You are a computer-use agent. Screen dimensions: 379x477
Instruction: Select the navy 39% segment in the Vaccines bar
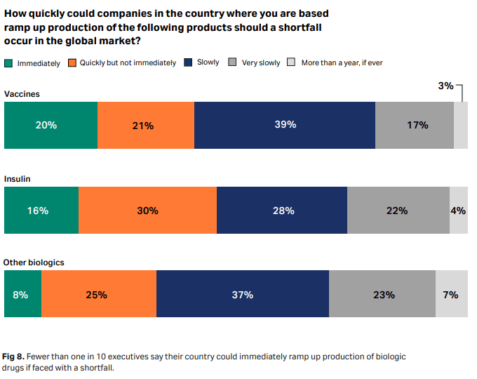click(285, 125)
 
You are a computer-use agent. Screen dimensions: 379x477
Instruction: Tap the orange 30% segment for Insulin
click(147, 210)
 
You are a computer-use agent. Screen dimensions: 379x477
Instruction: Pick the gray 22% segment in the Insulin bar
click(398, 210)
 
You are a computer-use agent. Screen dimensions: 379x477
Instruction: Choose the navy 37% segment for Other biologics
click(242, 295)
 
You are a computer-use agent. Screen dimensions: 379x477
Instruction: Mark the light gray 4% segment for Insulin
click(458, 210)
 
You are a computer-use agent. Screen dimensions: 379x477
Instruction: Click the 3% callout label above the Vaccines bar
click(445, 86)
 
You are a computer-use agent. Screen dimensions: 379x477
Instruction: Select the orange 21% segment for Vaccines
click(145, 125)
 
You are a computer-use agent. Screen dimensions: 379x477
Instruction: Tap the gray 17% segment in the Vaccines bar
click(415, 125)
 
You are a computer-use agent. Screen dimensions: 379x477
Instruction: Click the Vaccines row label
click(22, 93)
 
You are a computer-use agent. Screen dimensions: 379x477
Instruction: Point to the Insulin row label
click(18, 179)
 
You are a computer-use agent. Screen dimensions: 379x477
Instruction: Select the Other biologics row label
click(34, 262)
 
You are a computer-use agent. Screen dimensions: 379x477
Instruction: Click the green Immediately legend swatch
click(8, 63)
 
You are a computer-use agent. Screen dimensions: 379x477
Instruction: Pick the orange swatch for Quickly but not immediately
click(72, 63)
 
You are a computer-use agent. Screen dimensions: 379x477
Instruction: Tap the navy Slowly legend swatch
click(189, 62)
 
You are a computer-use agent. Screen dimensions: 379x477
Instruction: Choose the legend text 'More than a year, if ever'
click(342, 63)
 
